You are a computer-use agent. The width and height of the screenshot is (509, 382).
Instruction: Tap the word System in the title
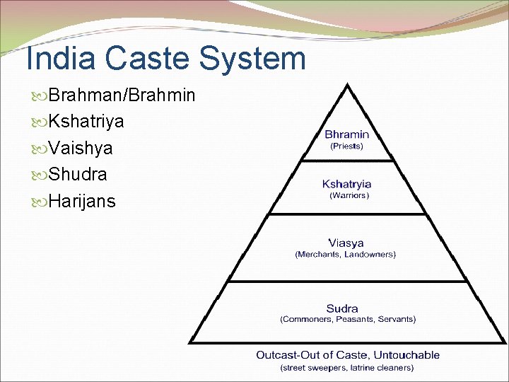pos(251,59)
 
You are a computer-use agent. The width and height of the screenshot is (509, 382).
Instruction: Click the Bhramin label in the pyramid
pos(346,134)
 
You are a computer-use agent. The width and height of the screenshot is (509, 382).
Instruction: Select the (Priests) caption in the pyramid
pos(346,146)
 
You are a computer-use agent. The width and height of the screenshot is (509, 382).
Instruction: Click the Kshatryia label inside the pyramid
pos(346,184)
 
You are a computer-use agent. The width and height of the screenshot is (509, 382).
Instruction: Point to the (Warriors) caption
pos(349,195)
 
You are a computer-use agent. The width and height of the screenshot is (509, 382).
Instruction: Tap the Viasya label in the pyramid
pos(345,243)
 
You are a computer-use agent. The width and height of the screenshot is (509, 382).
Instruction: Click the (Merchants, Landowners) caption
pos(345,254)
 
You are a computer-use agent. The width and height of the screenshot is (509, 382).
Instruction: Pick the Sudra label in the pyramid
pos(342,308)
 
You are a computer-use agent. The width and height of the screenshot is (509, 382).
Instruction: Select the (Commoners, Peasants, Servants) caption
pos(348,320)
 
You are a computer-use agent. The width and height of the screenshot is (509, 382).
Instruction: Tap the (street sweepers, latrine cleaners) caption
pos(347,368)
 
